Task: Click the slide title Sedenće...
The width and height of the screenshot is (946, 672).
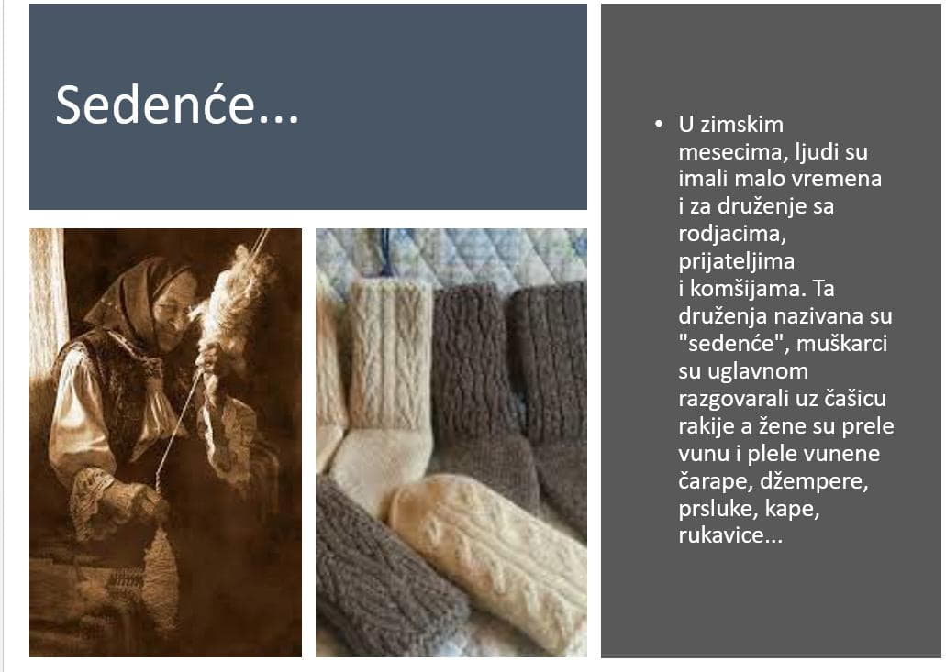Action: tap(177, 105)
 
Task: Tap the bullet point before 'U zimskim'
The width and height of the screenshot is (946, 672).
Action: tap(658, 124)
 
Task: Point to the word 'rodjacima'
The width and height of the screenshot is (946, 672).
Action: tap(732, 234)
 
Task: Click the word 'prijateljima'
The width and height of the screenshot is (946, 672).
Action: tap(736, 261)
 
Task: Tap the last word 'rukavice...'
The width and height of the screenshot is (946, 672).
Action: tap(730, 535)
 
